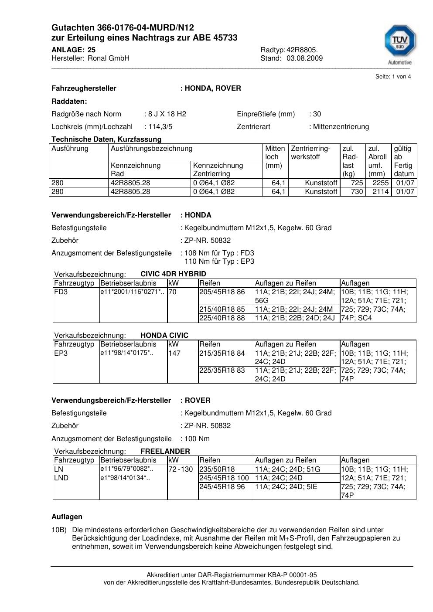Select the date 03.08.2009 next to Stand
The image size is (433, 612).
[304, 58]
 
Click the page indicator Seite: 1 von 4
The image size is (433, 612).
[393, 77]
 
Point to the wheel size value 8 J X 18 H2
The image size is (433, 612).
[167, 114]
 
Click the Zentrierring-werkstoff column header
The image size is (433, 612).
[310, 153]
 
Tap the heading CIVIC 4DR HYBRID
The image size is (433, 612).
[173, 274]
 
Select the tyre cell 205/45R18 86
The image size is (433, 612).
[222, 292]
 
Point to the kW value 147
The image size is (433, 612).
[174, 353]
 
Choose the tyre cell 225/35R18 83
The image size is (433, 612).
[222, 371]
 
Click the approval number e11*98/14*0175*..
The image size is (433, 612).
[127, 353]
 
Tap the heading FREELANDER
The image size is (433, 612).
[165, 451]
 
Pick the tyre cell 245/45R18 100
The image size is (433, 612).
[224, 478]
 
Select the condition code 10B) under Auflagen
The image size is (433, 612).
[59, 530]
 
